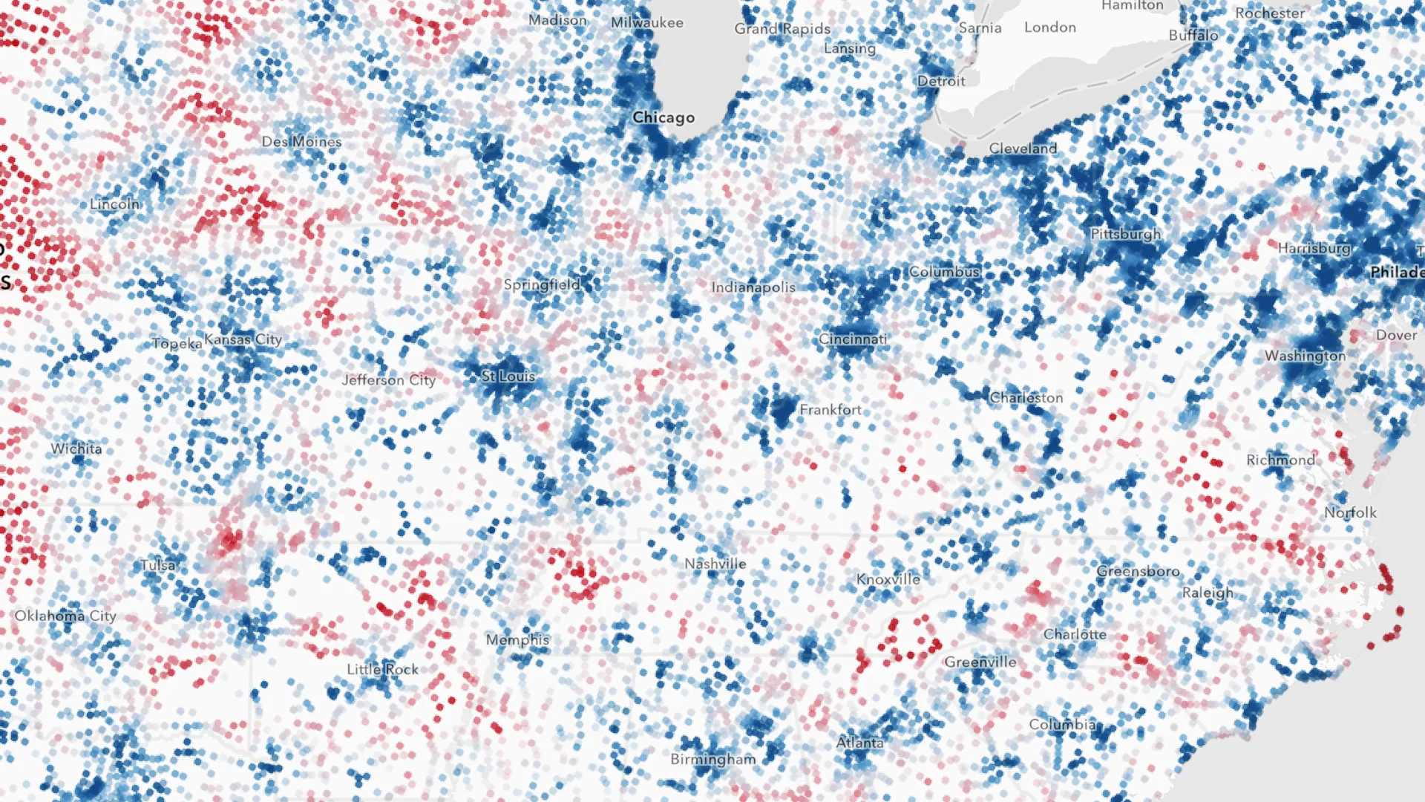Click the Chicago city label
click(x=664, y=117)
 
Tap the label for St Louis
click(x=508, y=376)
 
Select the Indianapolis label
click(x=753, y=287)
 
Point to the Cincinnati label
click(x=852, y=339)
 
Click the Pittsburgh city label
click(x=1125, y=234)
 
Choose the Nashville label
click(x=715, y=564)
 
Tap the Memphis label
click(x=517, y=639)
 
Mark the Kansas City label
click(x=243, y=339)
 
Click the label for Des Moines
click(x=301, y=141)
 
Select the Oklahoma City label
click(x=65, y=616)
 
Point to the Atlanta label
click(x=859, y=742)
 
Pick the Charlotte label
click(x=1075, y=634)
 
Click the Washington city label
click(x=1305, y=356)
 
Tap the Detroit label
click(x=941, y=81)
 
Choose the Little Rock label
click(x=382, y=669)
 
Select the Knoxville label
click(x=888, y=579)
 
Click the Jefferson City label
click(x=388, y=380)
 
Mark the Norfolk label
click(x=1350, y=512)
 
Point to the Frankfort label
click(x=830, y=409)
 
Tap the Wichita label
click(x=76, y=449)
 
